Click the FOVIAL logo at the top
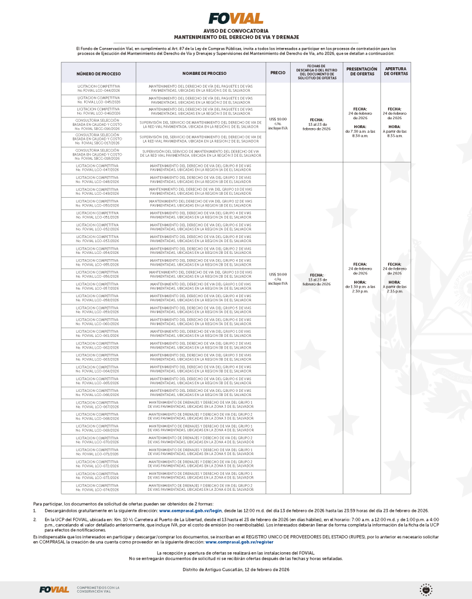(x=236, y=18)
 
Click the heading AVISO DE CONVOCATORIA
(x=236, y=30)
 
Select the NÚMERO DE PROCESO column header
(x=98, y=73)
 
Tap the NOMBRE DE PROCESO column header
(x=201, y=73)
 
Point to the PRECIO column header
(x=278, y=73)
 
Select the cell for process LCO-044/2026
(x=98, y=88)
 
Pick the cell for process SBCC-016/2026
(x=98, y=125)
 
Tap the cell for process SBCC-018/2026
(x=98, y=153)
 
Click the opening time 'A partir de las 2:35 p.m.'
(x=395, y=288)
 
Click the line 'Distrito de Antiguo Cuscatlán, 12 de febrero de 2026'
(x=236, y=569)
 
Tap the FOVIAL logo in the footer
(x=54, y=589)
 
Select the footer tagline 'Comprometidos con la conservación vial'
(x=98, y=589)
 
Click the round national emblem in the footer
(x=426, y=589)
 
